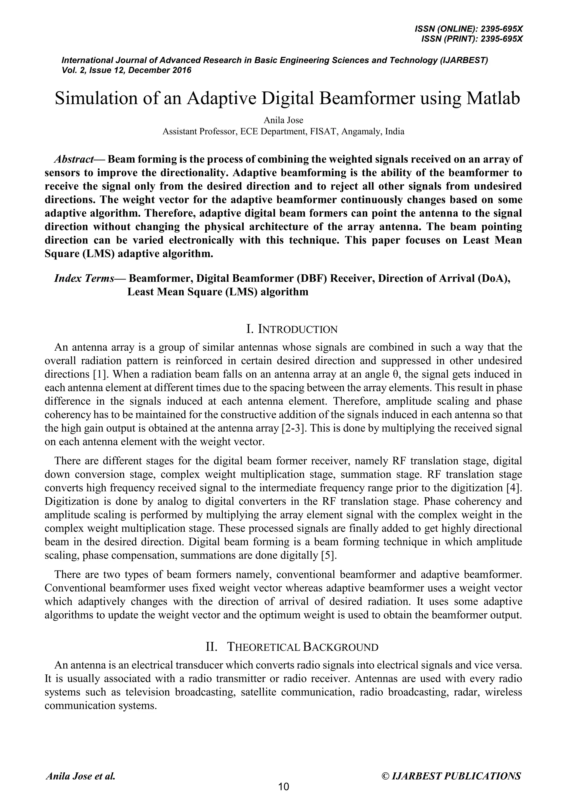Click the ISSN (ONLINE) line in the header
coord(468,29)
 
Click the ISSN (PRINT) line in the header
coord(472,39)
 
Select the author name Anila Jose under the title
coord(283,120)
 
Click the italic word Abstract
coord(74,159)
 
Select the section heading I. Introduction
coord(292,329)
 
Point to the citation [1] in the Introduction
coord(101,374)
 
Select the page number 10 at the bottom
coord(283,787)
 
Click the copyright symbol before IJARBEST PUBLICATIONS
coord(385,776)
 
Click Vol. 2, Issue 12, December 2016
coord(127,70)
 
